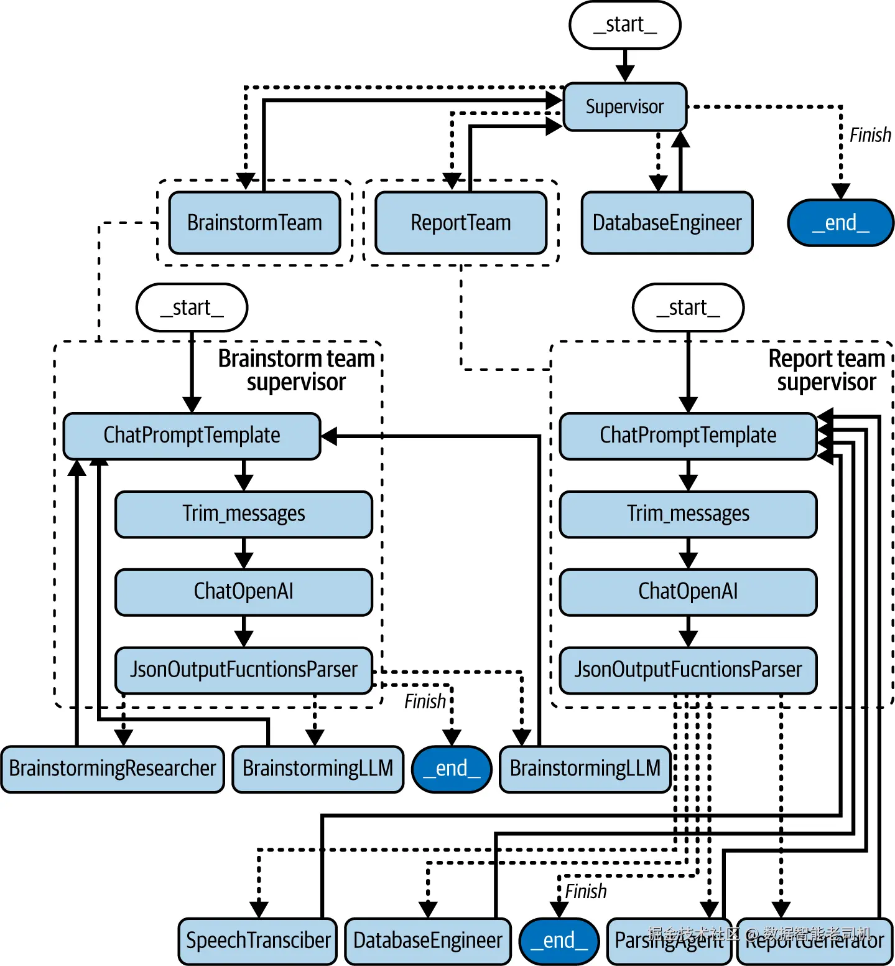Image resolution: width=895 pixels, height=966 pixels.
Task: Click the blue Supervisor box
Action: point(624,107)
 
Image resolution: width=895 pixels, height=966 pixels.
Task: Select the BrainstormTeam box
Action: point(254,223)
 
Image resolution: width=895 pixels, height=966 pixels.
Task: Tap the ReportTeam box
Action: point(460,223)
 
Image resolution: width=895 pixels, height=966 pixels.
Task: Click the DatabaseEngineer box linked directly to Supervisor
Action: point(667,223)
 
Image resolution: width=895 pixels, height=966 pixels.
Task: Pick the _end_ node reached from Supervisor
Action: point(840,223)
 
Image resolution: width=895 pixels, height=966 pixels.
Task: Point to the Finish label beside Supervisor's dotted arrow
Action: point(870,135)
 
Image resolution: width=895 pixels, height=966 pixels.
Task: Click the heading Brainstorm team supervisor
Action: point(296,370)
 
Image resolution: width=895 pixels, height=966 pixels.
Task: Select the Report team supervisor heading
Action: point(826,370)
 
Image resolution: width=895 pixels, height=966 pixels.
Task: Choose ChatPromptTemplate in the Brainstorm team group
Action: point(192,436)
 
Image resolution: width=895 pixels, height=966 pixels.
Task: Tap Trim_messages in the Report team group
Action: point(688,514)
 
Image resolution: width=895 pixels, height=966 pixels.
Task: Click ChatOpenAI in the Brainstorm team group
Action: point(243,591)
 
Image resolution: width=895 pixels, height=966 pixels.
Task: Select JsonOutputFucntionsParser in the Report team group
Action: point(688,670)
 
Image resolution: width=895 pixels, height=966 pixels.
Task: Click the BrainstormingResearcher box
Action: point(112,769)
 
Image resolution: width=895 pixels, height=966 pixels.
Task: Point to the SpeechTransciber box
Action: point(257,940)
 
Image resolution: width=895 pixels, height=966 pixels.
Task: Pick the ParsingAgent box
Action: point(669,940)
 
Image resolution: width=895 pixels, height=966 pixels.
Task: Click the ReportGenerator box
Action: point(814,940)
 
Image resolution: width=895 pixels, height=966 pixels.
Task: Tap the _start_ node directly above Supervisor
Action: point(624,25)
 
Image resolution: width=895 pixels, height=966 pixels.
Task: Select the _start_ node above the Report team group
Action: point(688,307)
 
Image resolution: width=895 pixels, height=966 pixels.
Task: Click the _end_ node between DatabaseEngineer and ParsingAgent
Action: point(559,940)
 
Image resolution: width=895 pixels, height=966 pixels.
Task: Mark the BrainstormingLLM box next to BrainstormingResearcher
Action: point(317,769)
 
